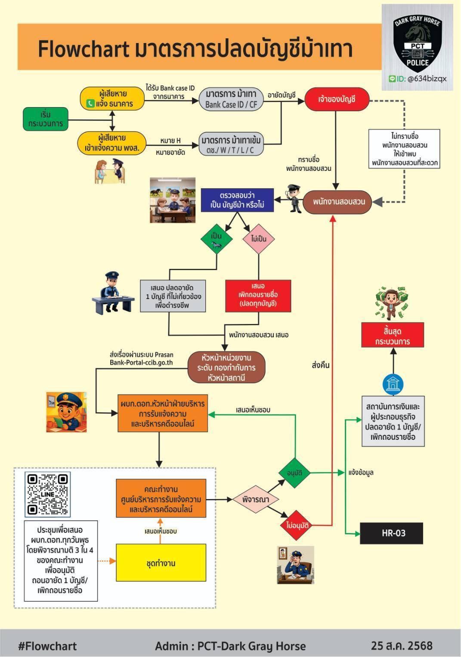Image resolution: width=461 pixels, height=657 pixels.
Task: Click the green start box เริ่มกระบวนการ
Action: pos(46,119)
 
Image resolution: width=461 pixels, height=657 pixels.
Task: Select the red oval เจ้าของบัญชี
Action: pos(337,99)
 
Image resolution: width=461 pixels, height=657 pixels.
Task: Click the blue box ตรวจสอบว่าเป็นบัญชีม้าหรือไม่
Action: pos(237,200)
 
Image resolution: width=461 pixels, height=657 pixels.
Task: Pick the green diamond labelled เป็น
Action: pos(217,239)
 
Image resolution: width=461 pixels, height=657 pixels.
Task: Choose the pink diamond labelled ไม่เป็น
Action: pos(259,239)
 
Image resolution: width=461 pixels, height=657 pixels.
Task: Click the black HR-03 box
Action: pos(391,533)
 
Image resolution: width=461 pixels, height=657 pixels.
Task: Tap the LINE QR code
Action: pos(48,494)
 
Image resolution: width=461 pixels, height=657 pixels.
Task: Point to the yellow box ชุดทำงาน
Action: pos(161,563)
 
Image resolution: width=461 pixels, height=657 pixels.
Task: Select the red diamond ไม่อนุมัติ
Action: pos(297,525)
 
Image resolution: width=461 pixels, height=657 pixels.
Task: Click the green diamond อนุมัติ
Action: pos(295,473)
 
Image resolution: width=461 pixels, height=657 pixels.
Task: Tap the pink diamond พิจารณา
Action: pos(256,500)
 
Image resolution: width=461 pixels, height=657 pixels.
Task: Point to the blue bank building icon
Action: pos(393,383)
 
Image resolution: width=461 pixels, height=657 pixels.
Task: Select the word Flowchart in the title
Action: pos(84,49)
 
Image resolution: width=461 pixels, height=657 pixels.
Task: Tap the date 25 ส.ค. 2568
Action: pos(402,645)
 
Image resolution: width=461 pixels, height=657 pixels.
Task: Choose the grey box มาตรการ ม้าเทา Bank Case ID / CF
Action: pos(231,99)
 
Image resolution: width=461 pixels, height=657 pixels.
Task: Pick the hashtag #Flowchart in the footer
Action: pos(47,646)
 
